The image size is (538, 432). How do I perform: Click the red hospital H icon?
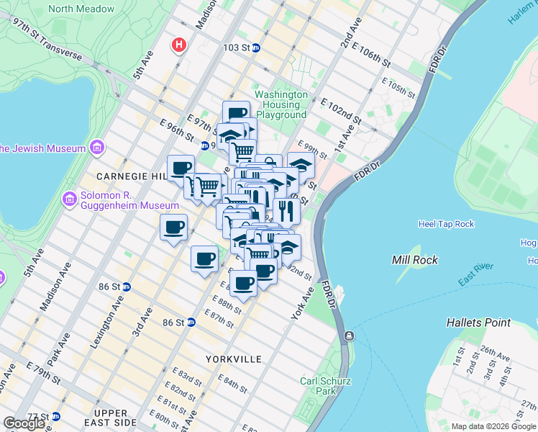(178, 45)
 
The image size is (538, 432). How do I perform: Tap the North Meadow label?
(81, 9)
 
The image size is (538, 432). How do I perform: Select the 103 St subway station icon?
(256, 48)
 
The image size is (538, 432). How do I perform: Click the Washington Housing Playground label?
(281, 104)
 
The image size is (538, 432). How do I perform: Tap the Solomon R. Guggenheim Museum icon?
(69, 199)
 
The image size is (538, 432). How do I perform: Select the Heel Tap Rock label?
(446, 224)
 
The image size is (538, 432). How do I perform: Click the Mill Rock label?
(414, 259)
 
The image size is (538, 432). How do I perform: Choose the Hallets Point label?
(478, 323)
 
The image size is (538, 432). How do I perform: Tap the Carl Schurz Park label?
(319, 386)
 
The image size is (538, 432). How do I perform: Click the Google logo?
(24, 423)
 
